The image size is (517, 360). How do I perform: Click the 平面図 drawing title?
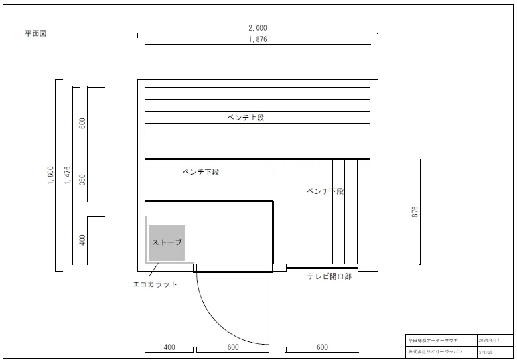(x=35, y=33)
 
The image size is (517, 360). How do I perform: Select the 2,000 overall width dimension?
(x=258, y=28)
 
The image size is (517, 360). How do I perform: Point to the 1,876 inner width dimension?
(x=258, y=39)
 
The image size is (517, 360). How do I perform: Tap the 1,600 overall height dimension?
(x=51, y=175)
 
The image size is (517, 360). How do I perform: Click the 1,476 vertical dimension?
(x=67, y=175)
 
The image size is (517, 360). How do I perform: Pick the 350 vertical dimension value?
(x=83, y=179)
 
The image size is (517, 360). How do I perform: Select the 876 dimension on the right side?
(x=415, y=211)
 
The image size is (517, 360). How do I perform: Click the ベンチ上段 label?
(x=246, y=118)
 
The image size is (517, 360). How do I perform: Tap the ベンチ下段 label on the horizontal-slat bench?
(x=201, y=172)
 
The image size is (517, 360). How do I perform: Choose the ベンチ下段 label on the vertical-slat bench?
(x=325, y=191)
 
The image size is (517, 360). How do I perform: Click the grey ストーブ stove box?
(x=167, y=242)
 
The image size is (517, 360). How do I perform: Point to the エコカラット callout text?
(x=155, y=284)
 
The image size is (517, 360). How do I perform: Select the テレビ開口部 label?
(x=329, y=276)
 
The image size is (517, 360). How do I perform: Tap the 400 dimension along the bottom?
(x=169, y=347)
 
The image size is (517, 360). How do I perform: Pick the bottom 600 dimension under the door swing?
(x=233, y=347)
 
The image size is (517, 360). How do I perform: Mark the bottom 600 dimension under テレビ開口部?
(x=322, y=347)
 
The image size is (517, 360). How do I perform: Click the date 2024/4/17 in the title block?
(x=488, y=340)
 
